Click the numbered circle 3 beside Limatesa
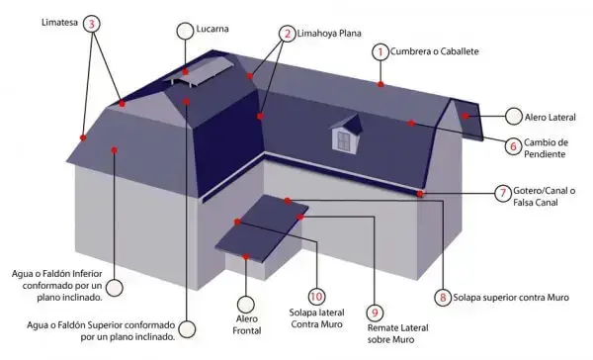tap(91, 24)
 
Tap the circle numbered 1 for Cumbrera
tap(381, 51)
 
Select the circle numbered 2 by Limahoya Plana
tap(288, 34)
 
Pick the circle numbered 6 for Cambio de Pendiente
tap(513, 146)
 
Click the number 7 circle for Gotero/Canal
tap(503, 194)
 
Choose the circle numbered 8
tap(443, 298)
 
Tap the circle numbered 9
tap(375, 313)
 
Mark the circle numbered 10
tap(316, 297)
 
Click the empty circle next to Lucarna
tap(185, 31)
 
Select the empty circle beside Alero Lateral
tap(514, 117)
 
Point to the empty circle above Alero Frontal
tap(246, 305)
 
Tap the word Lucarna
tap(212, 29)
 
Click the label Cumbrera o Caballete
tap(435, 51)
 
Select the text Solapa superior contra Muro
tap(511, 298)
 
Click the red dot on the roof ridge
tap(381, 84)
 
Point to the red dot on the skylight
tap(186, 72)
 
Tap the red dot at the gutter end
tap(420, 194)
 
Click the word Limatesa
tap(59, 23)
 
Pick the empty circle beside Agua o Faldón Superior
tap(187, 329)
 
